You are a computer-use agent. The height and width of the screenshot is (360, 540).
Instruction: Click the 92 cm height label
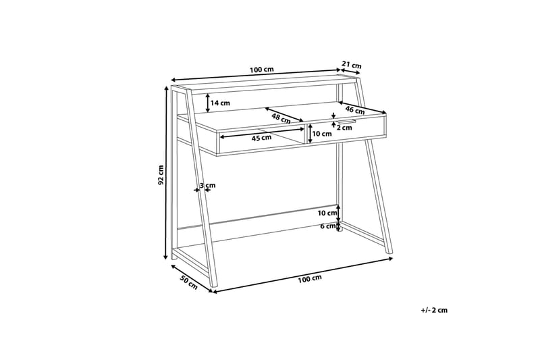[x=161, y=175]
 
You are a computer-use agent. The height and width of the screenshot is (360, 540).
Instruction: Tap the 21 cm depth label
[x=351, y=65]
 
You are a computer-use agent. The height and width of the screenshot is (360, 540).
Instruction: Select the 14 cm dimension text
[x=221, y=103]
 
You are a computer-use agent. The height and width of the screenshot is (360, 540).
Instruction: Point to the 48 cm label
[x=281, y=117]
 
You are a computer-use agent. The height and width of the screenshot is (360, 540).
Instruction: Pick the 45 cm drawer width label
[x=261, y=138]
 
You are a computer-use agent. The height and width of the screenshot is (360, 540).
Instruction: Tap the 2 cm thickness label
[x=346, y=125]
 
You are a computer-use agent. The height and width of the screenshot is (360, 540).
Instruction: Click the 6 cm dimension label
[x=327, y=226]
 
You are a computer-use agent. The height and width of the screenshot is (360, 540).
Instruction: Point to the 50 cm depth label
[x=188, y=282]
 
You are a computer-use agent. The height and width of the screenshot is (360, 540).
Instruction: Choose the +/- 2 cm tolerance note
[x=434, y=310]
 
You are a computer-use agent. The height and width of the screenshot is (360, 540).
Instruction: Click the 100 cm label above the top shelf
[x=261, y=70]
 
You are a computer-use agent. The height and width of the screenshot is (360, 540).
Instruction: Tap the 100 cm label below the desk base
[x=308, y=278]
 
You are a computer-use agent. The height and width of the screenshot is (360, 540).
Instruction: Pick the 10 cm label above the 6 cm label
[x=327, y=213]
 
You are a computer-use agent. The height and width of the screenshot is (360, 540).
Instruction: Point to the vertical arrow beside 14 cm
[x=207, y=103]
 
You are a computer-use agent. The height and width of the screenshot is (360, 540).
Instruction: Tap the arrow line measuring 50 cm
[x=190, y=275]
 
